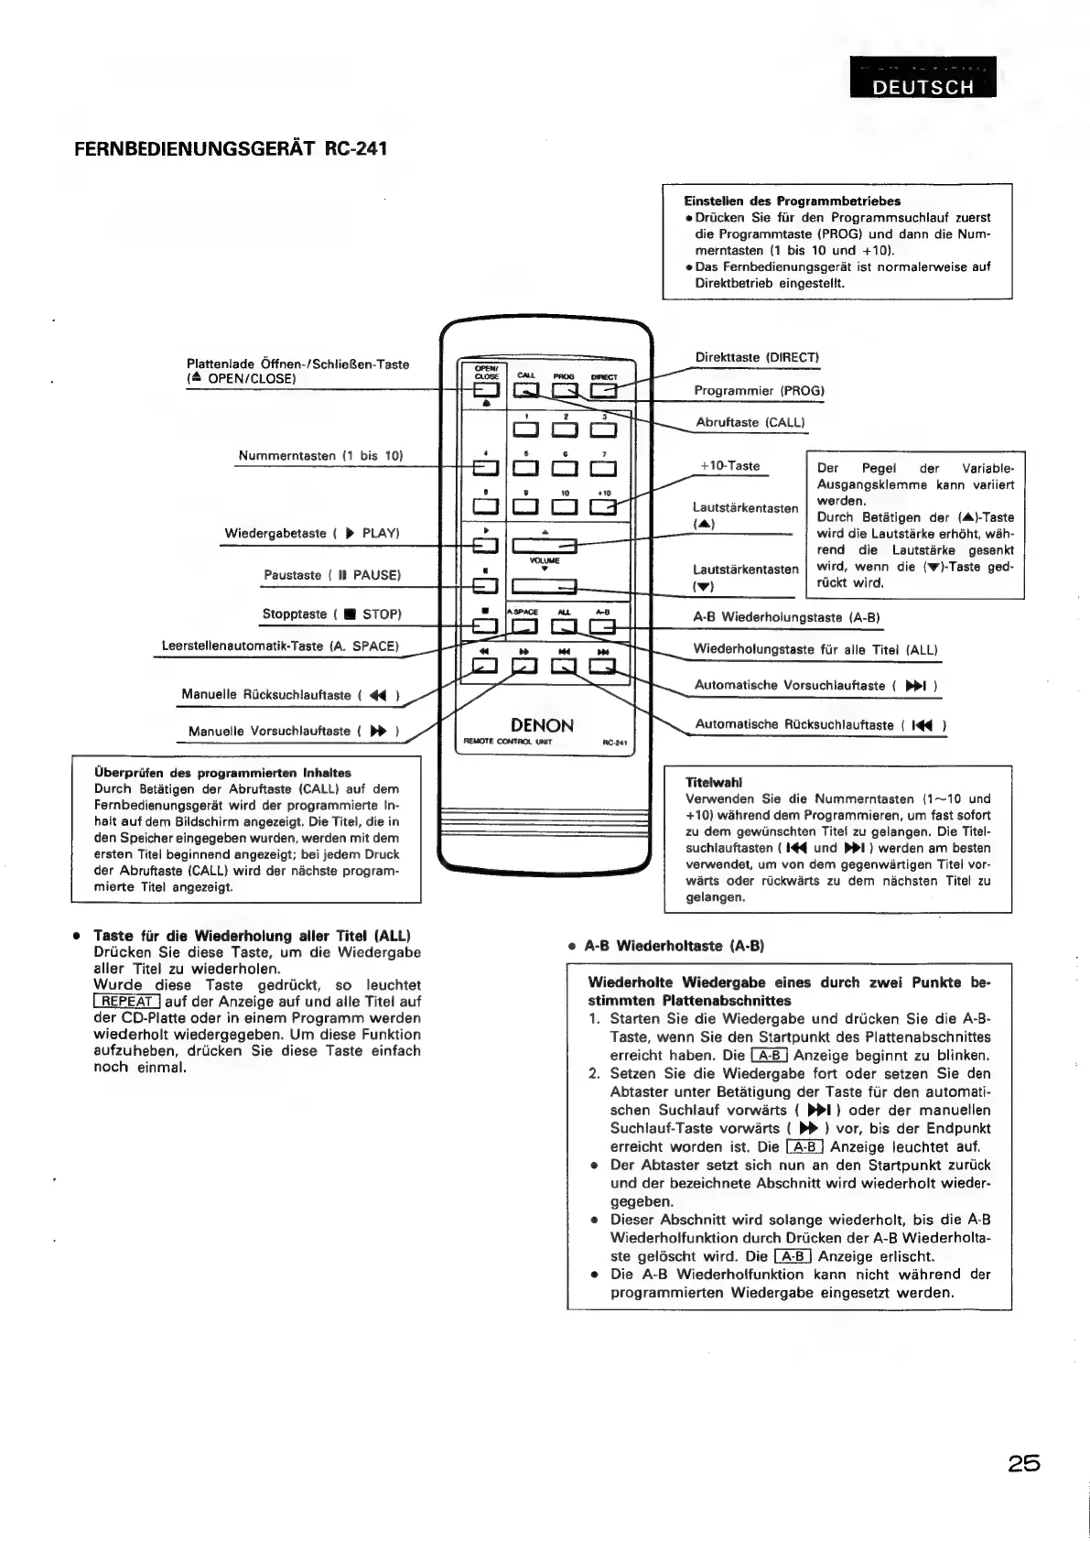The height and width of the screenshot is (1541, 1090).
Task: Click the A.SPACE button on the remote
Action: pos(524,626)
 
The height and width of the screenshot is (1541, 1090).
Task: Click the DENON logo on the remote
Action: pos(542,725)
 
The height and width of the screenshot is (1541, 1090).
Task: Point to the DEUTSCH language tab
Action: pos(923,86)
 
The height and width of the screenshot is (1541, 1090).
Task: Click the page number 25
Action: pos(1024,1462)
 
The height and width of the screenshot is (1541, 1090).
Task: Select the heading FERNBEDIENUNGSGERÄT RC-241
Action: pos(231,148)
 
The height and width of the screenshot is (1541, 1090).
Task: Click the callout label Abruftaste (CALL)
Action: pos(750,422)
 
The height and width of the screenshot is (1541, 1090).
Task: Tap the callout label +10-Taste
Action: pos(729,466)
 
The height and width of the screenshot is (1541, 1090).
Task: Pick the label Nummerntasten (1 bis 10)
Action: pos(320,455)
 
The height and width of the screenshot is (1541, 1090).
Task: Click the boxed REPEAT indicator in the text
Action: pos(127,1001)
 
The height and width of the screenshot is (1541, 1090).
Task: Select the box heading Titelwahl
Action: pos(714,782)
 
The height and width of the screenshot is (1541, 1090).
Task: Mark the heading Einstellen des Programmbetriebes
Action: pos(793,201)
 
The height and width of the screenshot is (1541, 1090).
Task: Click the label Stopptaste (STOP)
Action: pos(331,613)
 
